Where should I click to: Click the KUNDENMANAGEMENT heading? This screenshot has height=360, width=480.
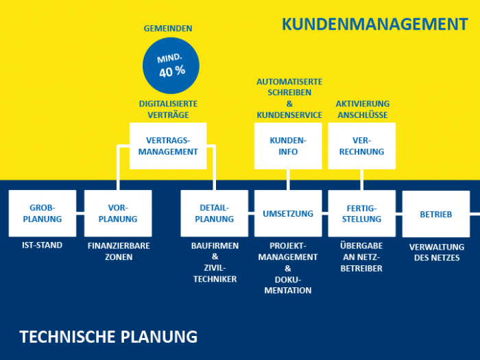374,24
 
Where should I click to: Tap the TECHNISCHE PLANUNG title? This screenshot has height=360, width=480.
108,337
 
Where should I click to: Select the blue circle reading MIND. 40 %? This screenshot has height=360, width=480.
171,66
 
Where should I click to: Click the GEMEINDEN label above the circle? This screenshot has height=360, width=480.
168,29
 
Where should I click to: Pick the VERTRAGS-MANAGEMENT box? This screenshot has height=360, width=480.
168,146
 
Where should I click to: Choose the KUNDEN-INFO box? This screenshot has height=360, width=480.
288,146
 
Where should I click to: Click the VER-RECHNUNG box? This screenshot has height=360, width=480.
362,146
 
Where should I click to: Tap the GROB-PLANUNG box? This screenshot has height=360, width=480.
43,213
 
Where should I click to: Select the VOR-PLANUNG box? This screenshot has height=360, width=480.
118,213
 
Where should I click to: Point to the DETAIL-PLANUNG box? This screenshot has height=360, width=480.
214,213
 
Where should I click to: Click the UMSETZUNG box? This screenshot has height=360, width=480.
288,213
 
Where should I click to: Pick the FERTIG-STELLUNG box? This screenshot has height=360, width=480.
362,213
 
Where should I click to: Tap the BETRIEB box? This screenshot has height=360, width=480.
436,214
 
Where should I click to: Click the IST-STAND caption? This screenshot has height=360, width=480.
43,245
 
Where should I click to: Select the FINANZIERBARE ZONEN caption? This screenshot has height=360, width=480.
119,252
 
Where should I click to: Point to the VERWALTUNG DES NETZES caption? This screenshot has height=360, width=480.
437,252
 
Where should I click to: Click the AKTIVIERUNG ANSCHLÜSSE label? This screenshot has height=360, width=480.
363,109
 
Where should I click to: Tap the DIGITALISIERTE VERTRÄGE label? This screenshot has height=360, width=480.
169,109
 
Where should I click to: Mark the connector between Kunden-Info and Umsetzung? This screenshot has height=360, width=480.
288,180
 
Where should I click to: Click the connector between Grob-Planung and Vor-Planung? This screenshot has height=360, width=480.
80,213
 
